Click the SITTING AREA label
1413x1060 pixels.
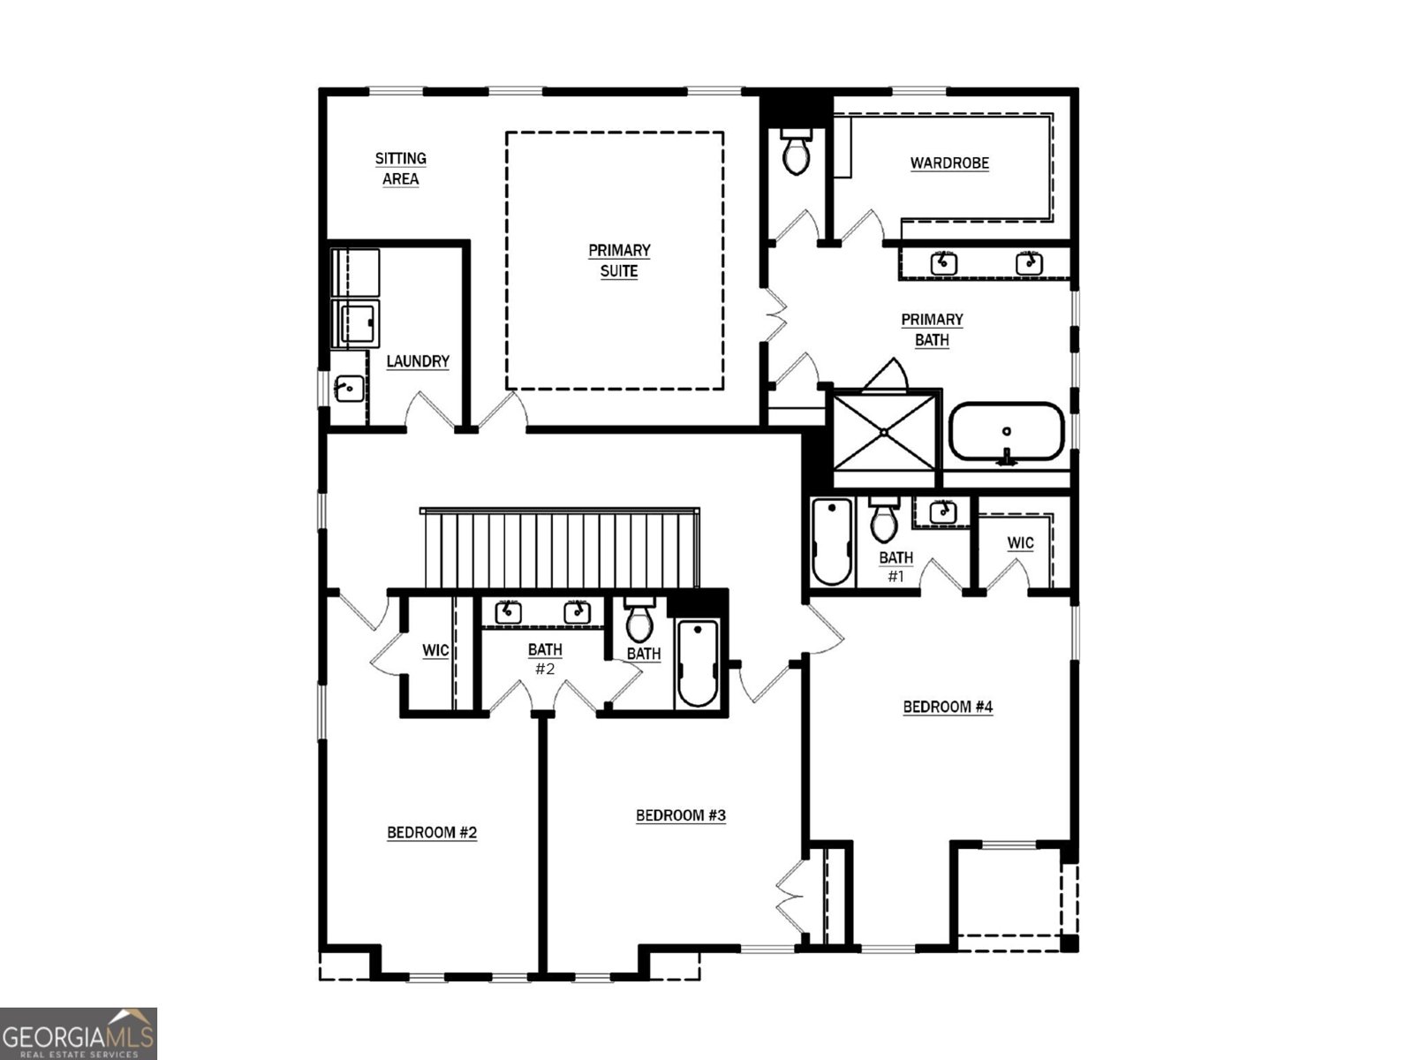(400, 169)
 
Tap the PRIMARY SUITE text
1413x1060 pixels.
(619, 261)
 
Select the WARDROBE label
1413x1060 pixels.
(949, 163)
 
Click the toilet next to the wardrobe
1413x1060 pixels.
(796, 151)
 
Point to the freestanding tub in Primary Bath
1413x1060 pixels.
(1007, 432)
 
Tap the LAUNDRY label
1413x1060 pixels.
(418, 361)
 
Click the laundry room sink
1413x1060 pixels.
(348, 388)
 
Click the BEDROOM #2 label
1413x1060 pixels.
(432, 832)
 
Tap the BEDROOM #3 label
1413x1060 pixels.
(681, 815)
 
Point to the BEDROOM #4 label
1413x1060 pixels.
(948, 707)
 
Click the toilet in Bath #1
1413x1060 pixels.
(883, 521)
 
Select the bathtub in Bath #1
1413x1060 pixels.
(832, 541)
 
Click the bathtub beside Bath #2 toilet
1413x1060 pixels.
(698, 662)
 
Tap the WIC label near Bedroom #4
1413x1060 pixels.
(1020, 543)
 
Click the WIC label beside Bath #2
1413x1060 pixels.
(435, 650)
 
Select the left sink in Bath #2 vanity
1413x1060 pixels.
(508, 611)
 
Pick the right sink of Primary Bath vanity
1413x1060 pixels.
(1028, 263)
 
